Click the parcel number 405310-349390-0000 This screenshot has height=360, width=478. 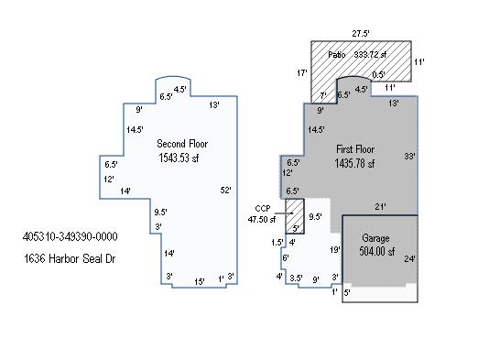pos(70,236)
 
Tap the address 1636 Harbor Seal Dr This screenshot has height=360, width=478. pos(70,259)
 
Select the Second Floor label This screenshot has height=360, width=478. pos(182,144)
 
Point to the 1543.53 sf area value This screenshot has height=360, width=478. pos(179,158)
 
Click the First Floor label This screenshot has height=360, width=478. pos(355,149)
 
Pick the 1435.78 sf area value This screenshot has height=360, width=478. pos(354,163)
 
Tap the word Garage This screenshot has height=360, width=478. pos(375,238)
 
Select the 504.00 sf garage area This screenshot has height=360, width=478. pos(377,251)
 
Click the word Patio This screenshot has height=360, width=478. pos(337,55)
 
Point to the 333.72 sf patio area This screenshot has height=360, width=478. pos(370,55)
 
